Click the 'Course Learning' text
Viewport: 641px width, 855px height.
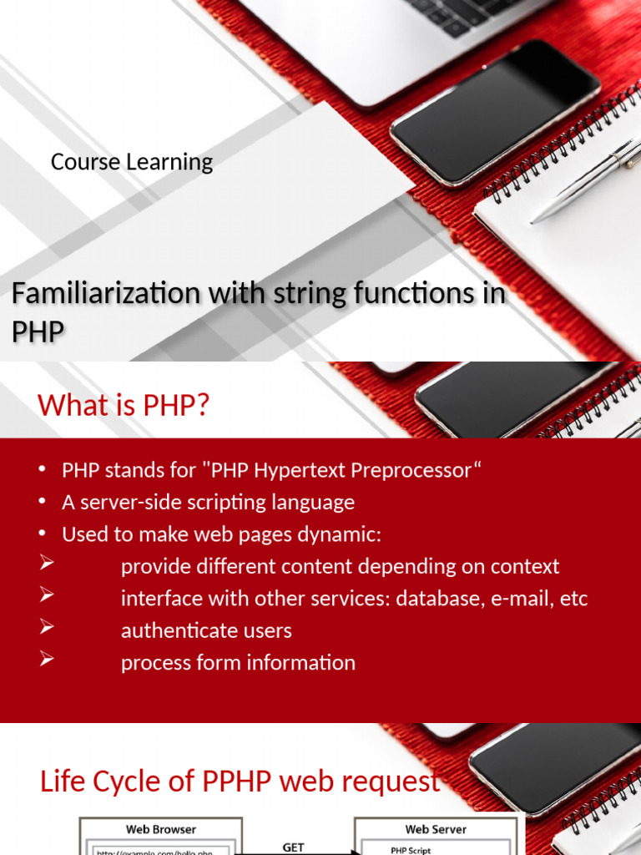coord(132,162)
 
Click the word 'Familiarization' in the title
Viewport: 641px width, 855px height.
coord(106,295)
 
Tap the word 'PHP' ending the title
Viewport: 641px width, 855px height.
coord(38,332)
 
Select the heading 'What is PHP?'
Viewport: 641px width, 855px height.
coord(124,406)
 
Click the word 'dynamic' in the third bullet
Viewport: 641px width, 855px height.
coord(343,534)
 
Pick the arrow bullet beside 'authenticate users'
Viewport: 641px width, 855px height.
coord(47,629)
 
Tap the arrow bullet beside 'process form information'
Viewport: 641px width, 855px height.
coord(47,660)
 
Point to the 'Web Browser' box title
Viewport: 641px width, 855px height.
coord(161,829)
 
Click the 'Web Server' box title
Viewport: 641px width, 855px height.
coord(436,829)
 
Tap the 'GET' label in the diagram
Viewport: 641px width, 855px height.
coord(294,847)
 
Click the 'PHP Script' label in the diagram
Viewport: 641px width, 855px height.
coord(411,850)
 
